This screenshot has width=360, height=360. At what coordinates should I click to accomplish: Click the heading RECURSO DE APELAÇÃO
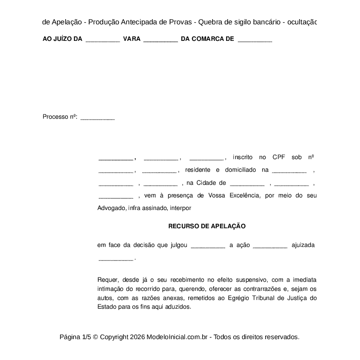207,226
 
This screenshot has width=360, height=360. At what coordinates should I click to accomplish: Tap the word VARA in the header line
132,39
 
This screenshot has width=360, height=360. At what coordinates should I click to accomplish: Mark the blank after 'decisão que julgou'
208,247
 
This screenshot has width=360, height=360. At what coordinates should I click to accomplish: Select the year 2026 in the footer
137,337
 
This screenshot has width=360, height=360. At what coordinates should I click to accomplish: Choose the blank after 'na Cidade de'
247,184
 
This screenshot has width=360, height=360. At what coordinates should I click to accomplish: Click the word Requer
108,280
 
